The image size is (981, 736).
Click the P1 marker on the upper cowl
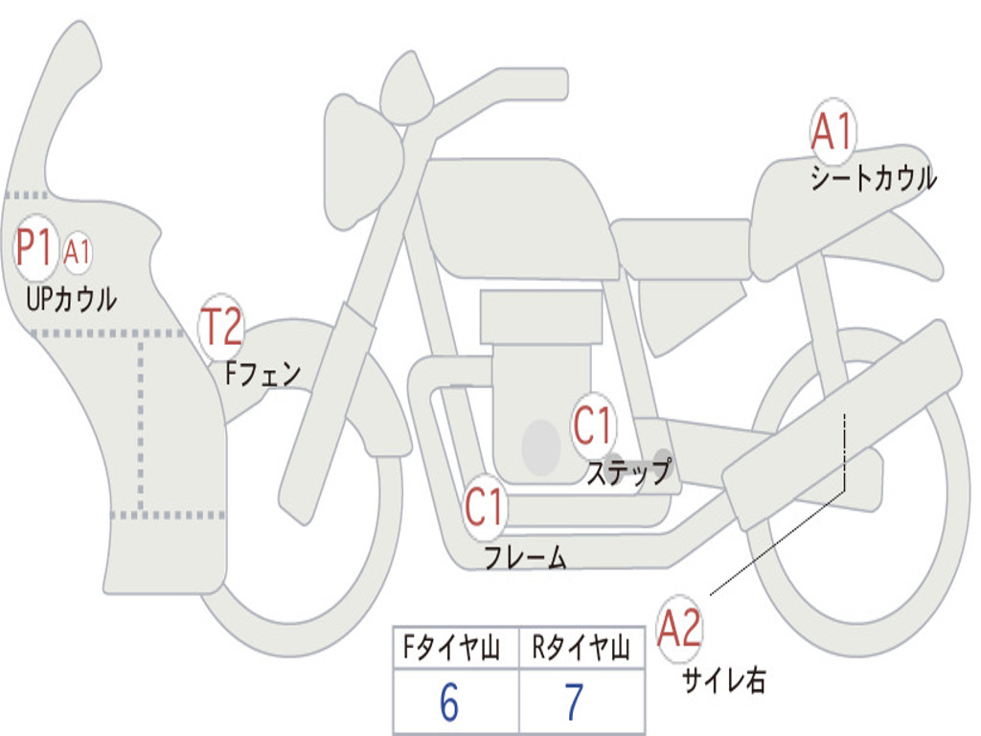point(36,249)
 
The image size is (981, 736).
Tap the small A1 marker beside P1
point(78,252)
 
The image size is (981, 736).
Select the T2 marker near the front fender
point(220,328)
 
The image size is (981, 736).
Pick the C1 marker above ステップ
point(592,425)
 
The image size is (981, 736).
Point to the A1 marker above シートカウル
point(832,133)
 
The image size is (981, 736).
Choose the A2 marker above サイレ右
point(679,629)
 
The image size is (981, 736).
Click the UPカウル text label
point(72,299)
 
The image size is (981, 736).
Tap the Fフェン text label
point(262,373)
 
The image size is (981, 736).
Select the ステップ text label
point(628,472)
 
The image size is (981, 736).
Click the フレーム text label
point(525,557)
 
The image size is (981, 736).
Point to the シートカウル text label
point(873,179)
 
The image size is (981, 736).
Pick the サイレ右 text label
point(723,680)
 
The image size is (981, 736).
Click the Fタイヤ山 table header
point(449,650)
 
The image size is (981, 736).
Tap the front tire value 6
point(449,703)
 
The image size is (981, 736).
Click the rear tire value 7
point(574,703)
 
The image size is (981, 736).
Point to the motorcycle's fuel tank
point(517,216)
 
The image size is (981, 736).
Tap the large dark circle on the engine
point(540,447)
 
